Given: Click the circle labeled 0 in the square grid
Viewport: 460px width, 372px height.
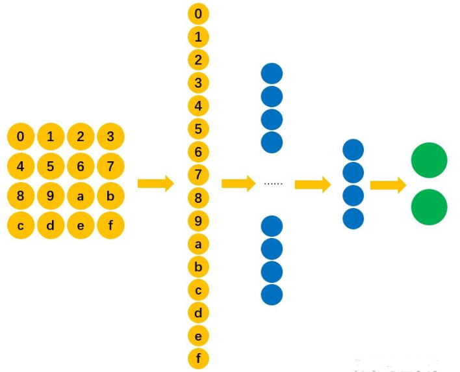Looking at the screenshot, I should click(x=21, y=137).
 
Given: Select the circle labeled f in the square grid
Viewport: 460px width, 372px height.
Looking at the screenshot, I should click(x=110, y=226).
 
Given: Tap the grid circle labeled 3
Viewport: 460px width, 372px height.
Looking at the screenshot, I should click(x=110, y=137).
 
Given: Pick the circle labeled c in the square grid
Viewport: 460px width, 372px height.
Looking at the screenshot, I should click(x=21, y=226).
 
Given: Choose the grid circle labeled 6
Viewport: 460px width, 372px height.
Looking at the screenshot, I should click(x=81, y=166).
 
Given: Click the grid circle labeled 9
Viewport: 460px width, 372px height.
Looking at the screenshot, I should click(x=51, y=196).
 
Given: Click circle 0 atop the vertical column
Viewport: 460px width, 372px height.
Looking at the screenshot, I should click(x=198, y=14).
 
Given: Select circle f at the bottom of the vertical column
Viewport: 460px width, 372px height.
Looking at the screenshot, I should click(x=198, y=358).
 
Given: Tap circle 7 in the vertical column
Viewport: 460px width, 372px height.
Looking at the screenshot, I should click(x=198, y=174).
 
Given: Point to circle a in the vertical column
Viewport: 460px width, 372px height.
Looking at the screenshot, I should click(x=198, y=243).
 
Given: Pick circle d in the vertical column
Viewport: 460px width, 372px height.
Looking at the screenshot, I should click(x=198, y=312).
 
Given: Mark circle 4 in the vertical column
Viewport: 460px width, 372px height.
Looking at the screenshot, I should click(x=198, y=105).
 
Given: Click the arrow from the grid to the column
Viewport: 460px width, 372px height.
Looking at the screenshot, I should click(x=156, y=184).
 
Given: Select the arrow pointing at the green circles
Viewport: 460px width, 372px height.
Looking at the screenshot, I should click(x=388, y=185).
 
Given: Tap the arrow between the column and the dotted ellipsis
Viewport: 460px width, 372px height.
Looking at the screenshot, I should click(x=238, y=184).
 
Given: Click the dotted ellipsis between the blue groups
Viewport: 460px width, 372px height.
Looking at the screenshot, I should click(x=273, y=184).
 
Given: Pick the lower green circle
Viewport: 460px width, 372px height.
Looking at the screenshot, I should click(x=429, y=207).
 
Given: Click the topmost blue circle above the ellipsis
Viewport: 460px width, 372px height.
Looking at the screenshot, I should click(x=272, y=74).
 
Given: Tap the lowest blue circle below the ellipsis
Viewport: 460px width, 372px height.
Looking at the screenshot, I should click(x=272, y=294).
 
